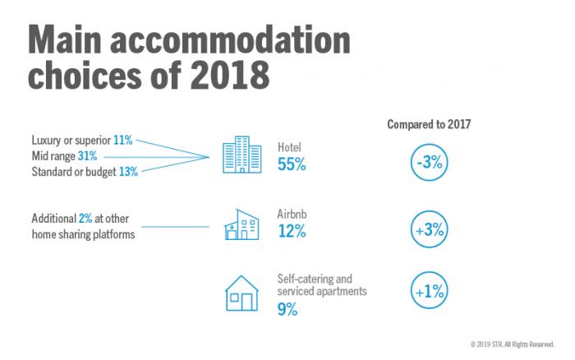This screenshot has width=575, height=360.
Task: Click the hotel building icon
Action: coord(241,154)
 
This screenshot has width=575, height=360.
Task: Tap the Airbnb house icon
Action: coord(241,224)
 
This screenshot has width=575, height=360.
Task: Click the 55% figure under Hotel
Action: coord(291,164)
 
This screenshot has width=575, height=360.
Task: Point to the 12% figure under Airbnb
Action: coord(291,232)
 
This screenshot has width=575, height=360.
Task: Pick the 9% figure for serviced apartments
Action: coord(287,310)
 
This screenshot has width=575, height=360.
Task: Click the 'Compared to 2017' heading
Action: coord(434,124)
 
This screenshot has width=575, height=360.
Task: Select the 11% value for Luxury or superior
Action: coord(123,141)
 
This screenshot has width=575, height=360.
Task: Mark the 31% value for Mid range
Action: coord(88,156)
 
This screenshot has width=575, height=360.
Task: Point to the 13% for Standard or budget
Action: coord(127,172)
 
